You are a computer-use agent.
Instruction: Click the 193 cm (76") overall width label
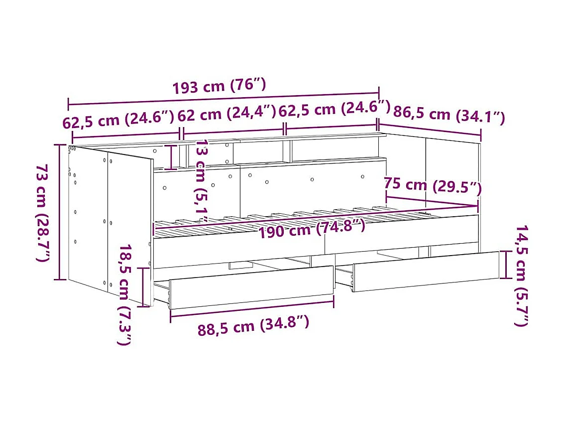[x=219, y=86]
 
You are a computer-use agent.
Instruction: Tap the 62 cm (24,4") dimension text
[x=226, y=114]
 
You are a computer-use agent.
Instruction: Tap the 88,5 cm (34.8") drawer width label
[x=253, y=326]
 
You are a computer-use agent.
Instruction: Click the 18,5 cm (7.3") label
[x=125, y=294]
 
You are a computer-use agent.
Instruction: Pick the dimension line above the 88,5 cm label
[x=252, y=305]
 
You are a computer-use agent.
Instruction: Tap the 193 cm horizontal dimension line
[x=224, y=99]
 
